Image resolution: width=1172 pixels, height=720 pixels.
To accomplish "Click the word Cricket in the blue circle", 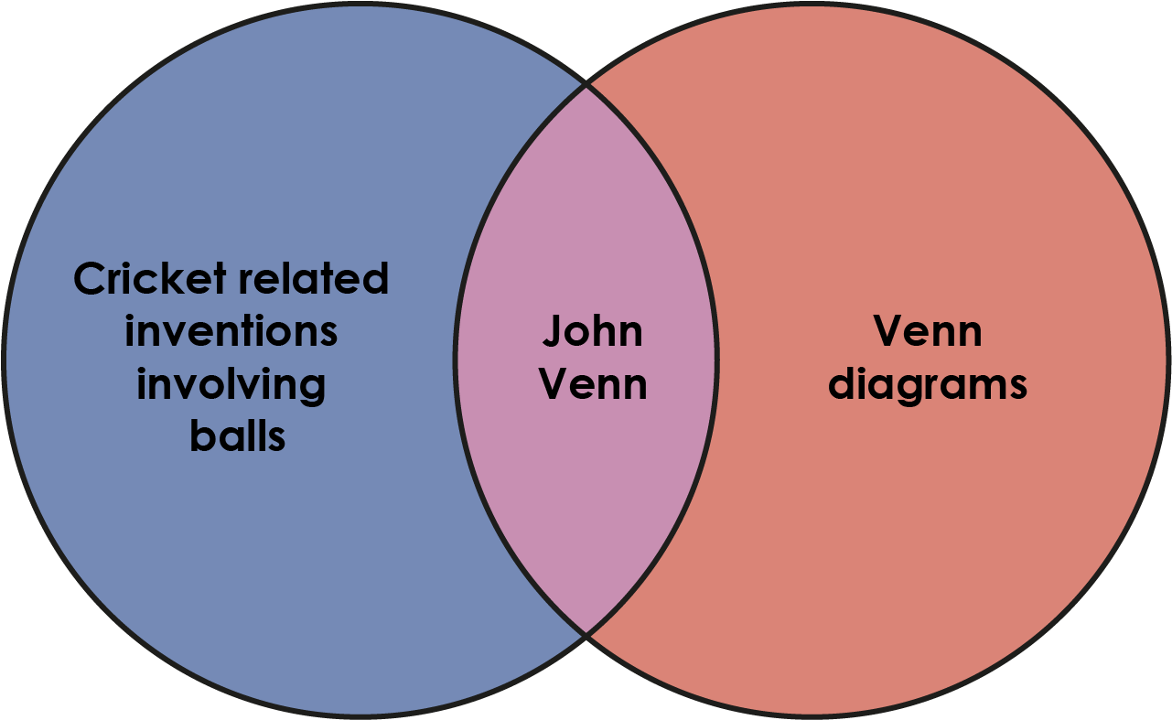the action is pos(150,278).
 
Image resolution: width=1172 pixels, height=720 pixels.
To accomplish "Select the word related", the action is pos(314,278).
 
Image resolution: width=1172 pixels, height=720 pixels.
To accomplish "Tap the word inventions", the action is pos(231,330).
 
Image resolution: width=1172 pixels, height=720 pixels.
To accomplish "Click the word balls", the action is pos(238,435).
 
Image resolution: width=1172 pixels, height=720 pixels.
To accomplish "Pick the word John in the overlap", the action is pos(592,330).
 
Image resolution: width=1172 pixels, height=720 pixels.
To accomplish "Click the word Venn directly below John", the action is pos(594,383).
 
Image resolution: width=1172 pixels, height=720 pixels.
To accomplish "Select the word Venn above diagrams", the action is pos(928,330).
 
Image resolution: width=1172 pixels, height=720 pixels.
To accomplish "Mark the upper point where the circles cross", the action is pos(586,85).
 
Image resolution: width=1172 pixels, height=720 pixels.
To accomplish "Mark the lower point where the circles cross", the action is pos(586,634).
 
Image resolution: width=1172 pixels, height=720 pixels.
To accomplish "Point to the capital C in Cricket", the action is pos(90,278).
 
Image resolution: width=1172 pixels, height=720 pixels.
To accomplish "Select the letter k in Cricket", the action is pos(177,278).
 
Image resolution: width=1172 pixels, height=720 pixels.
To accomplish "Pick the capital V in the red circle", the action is pos(890,330).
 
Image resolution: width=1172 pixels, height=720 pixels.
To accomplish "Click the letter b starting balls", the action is pos(203,435).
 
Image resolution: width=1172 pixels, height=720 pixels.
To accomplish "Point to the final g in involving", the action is pos(312,391).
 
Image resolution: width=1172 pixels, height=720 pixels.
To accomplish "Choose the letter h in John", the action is pos(602,330).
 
